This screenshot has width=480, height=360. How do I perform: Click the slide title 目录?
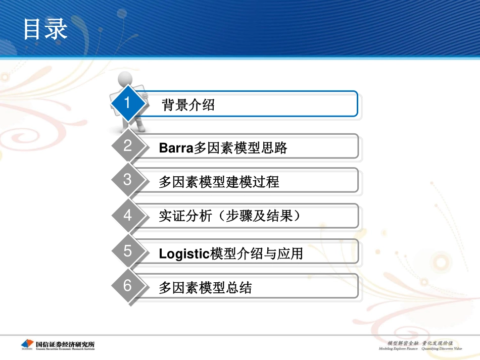pos(45,29)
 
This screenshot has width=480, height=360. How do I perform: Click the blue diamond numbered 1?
pos(127,103)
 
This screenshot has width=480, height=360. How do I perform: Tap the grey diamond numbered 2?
pos(127,146)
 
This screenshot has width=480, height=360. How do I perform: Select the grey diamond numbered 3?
pos(127,180)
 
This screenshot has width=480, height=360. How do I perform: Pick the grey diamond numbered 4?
pos(127,216)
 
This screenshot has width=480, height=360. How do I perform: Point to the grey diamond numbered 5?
pos(127,251)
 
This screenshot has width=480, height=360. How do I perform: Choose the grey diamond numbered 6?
pos(127,286)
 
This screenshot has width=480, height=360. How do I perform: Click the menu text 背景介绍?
pos(188,105)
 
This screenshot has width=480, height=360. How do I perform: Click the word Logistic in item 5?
pos(184,253)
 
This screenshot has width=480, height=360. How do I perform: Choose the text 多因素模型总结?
pos(205,288)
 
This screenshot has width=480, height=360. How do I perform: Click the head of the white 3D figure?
pos(124,80)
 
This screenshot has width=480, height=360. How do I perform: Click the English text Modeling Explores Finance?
pos(399,348)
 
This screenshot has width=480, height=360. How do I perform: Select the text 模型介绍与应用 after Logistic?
pos(256,253)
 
